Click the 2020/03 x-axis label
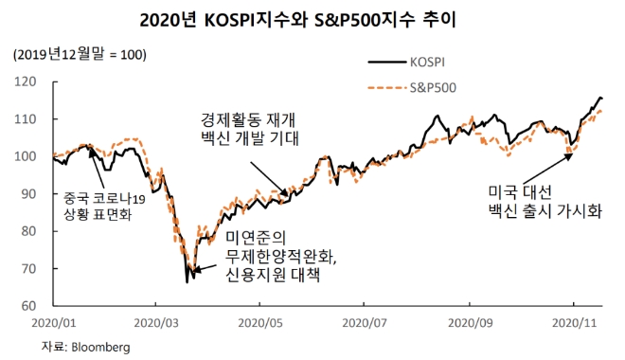(160, 323)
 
